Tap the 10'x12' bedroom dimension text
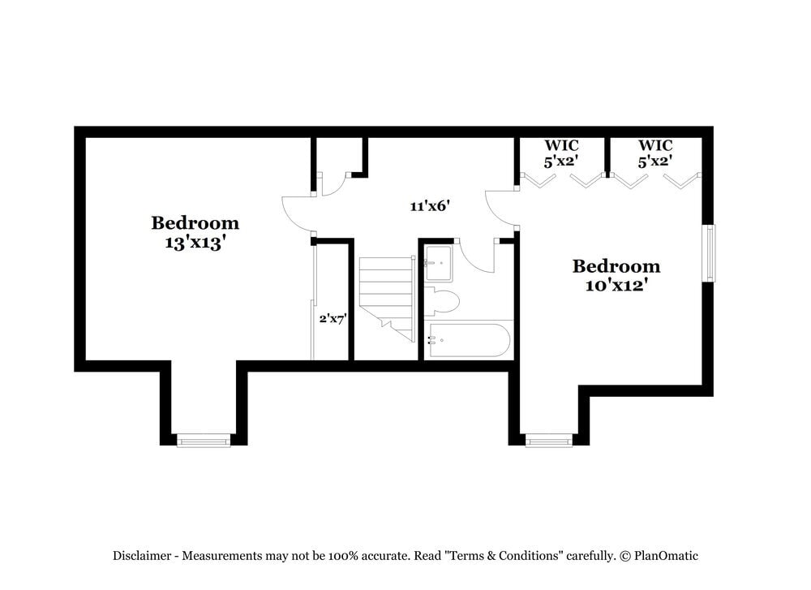coord(616,285)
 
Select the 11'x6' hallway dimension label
coord(429,206)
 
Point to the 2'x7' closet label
coord(333,319)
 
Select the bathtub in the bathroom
coord(469,340)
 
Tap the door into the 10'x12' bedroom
coord(500,208)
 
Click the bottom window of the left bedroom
coord(204,441)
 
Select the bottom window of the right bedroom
coord(549,441)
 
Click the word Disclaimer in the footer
coord(142,556)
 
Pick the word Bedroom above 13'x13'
coord(195,222)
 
